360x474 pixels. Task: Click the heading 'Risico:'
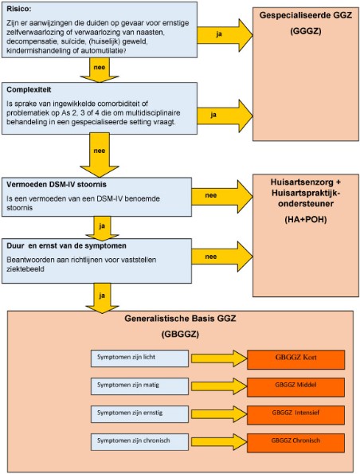pos(19,9)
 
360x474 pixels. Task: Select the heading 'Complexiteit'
pos(29,90)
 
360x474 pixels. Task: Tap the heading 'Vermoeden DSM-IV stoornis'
pos(57,184)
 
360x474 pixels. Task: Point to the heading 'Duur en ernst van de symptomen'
pos(66,246)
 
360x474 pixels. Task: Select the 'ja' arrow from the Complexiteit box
pos(225,116)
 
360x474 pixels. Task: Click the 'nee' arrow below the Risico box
pos(100,70)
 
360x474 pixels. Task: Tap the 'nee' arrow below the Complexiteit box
pos(100,155)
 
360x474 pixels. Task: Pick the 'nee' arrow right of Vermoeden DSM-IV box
pos(222,197)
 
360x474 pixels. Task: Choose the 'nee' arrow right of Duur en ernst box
pos(222,257)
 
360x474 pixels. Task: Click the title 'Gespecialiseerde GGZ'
pos(306,15)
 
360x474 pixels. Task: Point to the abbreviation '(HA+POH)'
pos(306,219)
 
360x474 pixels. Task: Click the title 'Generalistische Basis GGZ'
pos(180,319)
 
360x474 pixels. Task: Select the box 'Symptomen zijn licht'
pos(139,358)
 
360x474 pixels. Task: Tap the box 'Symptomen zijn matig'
pos(139,386)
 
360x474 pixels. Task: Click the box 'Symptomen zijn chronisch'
pos(139,442)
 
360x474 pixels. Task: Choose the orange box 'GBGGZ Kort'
pos(296,359)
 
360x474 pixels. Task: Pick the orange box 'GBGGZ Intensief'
pos(296,415)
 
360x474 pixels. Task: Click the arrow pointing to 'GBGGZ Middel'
pos(219,386)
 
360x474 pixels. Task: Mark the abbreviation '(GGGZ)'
pos(306,31)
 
